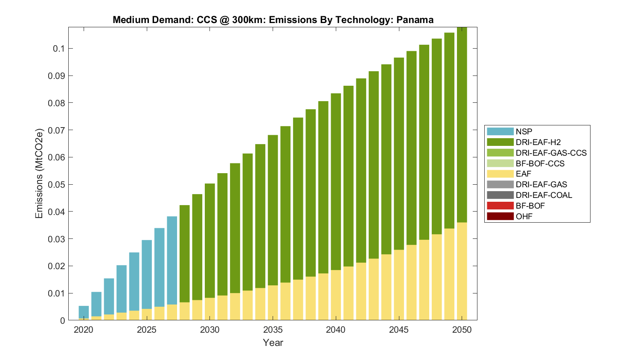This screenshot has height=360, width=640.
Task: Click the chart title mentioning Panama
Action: [273, 20]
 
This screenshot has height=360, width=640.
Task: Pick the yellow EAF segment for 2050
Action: [462, 271]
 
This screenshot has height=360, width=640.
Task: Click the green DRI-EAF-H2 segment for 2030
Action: [210, 241]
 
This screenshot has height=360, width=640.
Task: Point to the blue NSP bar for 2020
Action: [84, 312]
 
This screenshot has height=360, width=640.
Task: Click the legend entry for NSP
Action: [524, 132]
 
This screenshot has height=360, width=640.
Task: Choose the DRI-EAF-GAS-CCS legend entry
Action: [551, 153]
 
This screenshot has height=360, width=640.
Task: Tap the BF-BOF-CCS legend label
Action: [540, 163]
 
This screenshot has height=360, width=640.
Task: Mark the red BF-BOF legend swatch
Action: [500, 206]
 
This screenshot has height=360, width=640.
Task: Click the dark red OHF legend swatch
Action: [500, 216]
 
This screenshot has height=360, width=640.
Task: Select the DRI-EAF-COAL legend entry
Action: [544, 195]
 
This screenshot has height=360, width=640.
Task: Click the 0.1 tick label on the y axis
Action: [59, 49]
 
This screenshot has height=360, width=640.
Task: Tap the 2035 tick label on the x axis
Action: [273, 330]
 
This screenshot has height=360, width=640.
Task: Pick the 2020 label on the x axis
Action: [84, 330]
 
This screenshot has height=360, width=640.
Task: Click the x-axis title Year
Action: [273, 343]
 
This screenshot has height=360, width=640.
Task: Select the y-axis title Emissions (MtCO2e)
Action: [39, 173]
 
